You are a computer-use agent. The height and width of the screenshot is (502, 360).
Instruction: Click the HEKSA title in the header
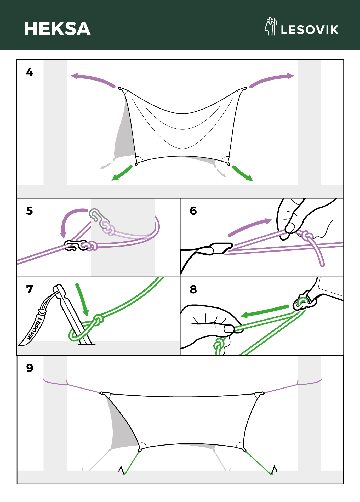57,29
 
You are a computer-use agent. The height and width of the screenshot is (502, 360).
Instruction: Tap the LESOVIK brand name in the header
310,30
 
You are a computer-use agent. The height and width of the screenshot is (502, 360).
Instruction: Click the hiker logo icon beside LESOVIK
270,26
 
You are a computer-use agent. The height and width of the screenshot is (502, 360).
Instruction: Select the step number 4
30,72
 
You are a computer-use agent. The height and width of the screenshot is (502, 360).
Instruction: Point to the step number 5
30,211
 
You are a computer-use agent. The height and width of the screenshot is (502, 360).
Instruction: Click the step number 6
193,211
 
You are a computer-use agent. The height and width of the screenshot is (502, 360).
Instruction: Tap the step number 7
30,289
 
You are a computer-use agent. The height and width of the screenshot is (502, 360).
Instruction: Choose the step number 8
193,289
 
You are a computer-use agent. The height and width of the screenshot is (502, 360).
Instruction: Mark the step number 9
30,368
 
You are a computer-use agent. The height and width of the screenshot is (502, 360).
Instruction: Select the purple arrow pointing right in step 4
272,79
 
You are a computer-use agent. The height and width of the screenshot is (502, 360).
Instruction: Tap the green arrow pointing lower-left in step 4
122,173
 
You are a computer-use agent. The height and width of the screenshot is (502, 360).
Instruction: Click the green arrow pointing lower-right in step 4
243,173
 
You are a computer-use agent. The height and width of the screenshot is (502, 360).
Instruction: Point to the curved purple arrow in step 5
69,220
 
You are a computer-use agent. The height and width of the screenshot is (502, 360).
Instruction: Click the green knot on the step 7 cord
98,320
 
